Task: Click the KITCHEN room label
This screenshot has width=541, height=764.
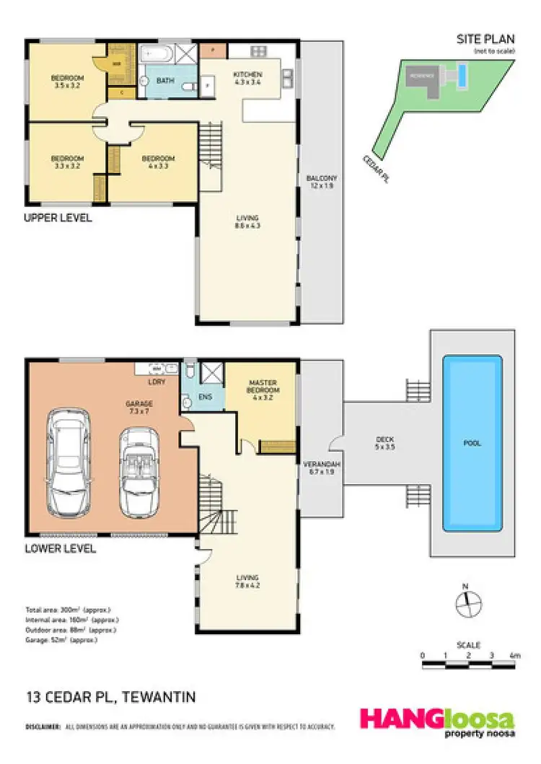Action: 247,75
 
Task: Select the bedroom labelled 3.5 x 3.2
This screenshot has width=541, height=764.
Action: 67,82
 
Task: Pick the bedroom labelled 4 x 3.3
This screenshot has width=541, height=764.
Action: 158,162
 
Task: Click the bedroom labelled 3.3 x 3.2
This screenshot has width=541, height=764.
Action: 67,162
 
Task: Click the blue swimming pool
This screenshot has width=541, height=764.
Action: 472,442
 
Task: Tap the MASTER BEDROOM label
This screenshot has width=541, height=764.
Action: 263,387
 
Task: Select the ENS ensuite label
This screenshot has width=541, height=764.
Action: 205,396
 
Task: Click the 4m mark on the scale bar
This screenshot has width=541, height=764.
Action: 514,656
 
